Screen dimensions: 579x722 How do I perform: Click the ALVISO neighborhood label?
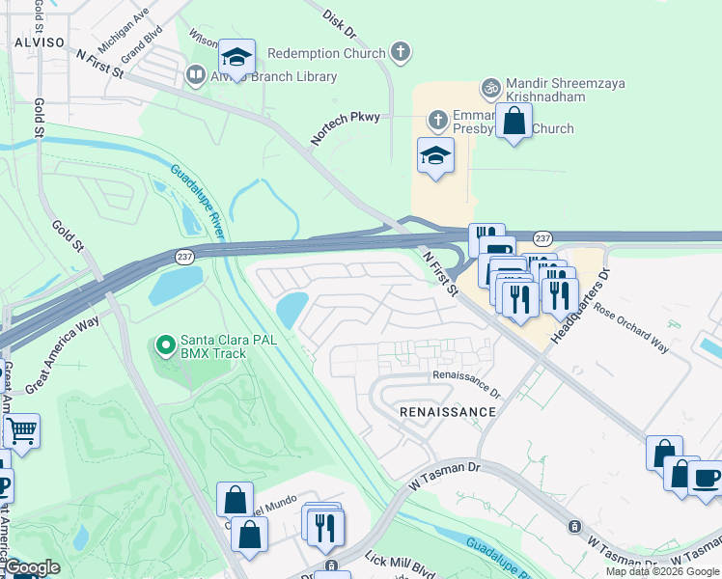[x=32, y=42]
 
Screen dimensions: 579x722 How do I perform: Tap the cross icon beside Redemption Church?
[x=402, y=53]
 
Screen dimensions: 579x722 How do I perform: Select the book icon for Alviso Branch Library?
[x=195, y=74]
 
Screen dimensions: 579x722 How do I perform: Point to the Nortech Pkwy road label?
[x=345, y=125]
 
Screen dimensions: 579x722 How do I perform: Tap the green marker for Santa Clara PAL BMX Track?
[x=166, y=344]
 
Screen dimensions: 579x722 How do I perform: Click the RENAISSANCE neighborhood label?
[x=448, y=412]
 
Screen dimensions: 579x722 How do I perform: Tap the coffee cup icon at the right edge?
[x=706, y=477]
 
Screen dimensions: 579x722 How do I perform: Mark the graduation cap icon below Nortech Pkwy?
[x=435, y=154]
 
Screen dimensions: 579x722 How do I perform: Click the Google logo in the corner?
[x=32, y=568]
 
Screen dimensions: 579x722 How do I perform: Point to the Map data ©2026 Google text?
[x=661, y=571]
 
